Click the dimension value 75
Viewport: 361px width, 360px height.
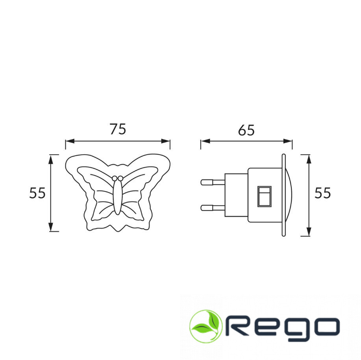pos(118,129)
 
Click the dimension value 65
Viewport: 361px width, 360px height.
pos(246,130)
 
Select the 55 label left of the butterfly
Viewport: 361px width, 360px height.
pos(37,193)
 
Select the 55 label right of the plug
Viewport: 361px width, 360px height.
pos(322,193)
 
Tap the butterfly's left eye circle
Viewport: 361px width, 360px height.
pos(115,178)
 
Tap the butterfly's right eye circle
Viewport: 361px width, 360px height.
pos(120,178)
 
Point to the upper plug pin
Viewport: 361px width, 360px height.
pos(213,183)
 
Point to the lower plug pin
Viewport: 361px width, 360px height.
pos(213,208)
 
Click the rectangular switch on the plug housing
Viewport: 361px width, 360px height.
pos(264,196)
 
